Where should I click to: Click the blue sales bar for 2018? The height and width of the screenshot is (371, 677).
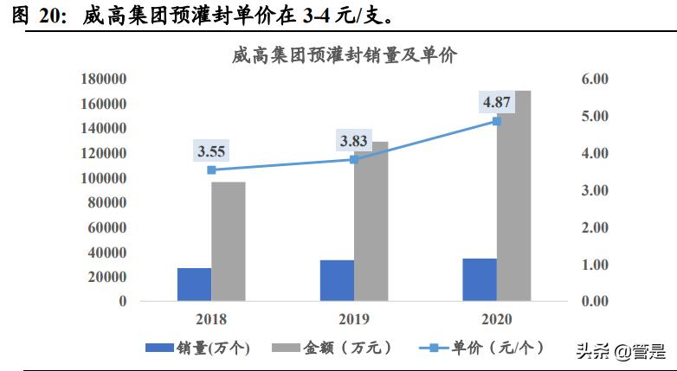tap(194, 285)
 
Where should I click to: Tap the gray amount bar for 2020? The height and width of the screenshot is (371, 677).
tap(513, 196)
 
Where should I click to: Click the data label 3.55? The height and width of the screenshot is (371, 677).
tap(212, 151)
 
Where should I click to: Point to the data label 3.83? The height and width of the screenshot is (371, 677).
tap(354, 141)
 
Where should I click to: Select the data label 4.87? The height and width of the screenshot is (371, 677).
tap(497, 103)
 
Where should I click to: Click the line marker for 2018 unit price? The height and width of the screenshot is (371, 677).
tap(211, 170)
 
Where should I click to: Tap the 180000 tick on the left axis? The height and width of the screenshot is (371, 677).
tap(103, 79)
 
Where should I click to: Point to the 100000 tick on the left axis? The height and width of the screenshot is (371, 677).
tap(103, 178)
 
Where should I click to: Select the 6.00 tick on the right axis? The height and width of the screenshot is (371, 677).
tap(595, 79)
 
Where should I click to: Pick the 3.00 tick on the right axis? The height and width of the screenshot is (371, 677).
tap(595, 190)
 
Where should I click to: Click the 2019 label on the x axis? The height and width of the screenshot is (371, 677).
tap(353, 317)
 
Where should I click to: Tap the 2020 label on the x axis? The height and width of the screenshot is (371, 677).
tap(496, 317)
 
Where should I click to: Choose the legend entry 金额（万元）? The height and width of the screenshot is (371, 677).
tap(332, 348)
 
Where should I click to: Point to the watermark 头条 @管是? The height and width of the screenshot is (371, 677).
tap(620, 351)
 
